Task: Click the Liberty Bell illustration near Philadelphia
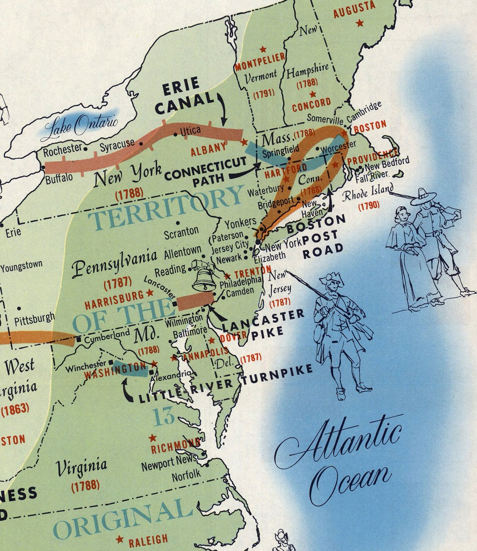click(204, 277)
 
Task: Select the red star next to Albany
click(244, 143)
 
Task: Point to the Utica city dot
click(176, 135)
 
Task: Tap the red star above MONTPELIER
click(263, 49)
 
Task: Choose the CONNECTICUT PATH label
click(206, 174)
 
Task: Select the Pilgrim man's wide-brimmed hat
click(424, 197)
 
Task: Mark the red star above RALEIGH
click(120, 539)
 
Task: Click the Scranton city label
click(182, 231)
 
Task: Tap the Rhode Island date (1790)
click(369, 205)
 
